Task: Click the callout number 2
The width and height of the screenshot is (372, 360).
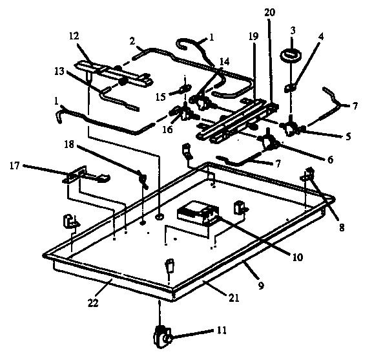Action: [x=132, y=40]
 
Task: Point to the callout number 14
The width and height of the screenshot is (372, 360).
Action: [x=223, y=62]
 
